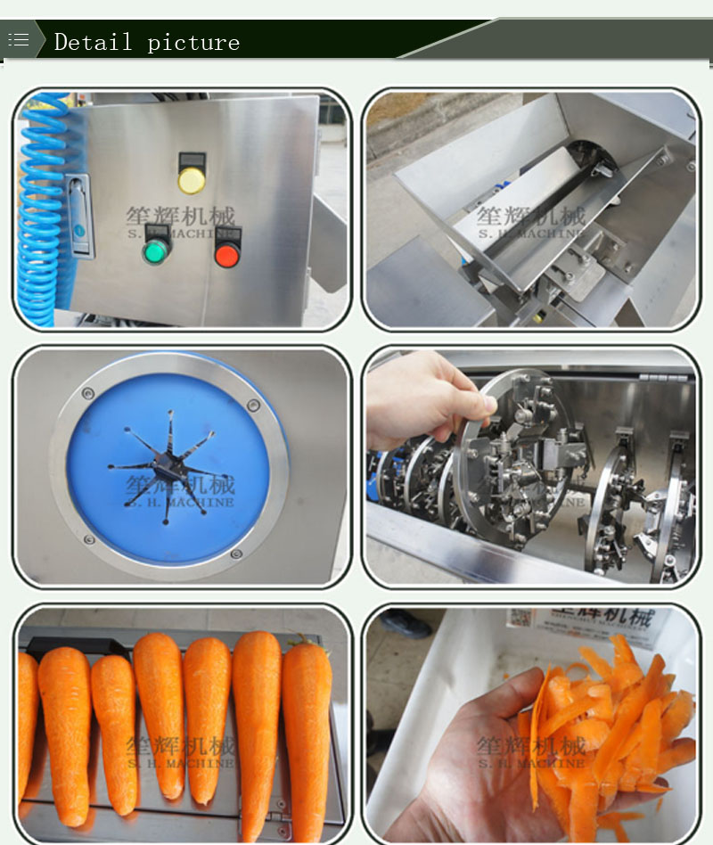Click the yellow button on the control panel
191,180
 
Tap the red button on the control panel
227,256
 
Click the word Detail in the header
93,42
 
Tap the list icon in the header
19,40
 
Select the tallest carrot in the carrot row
257,713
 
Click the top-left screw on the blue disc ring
87,393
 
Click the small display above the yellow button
191,160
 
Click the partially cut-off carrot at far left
27,722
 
